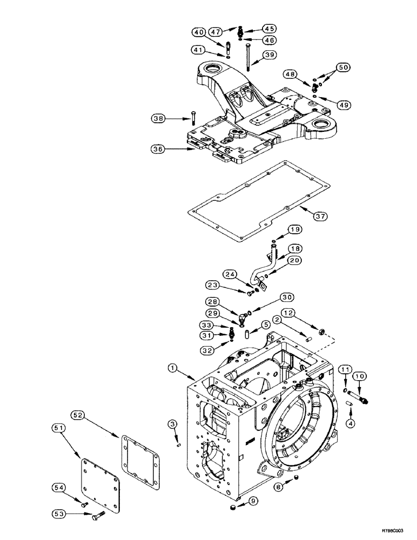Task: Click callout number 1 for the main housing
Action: point(172,368)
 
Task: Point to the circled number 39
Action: point(270,55)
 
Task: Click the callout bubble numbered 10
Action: point(359,375)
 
